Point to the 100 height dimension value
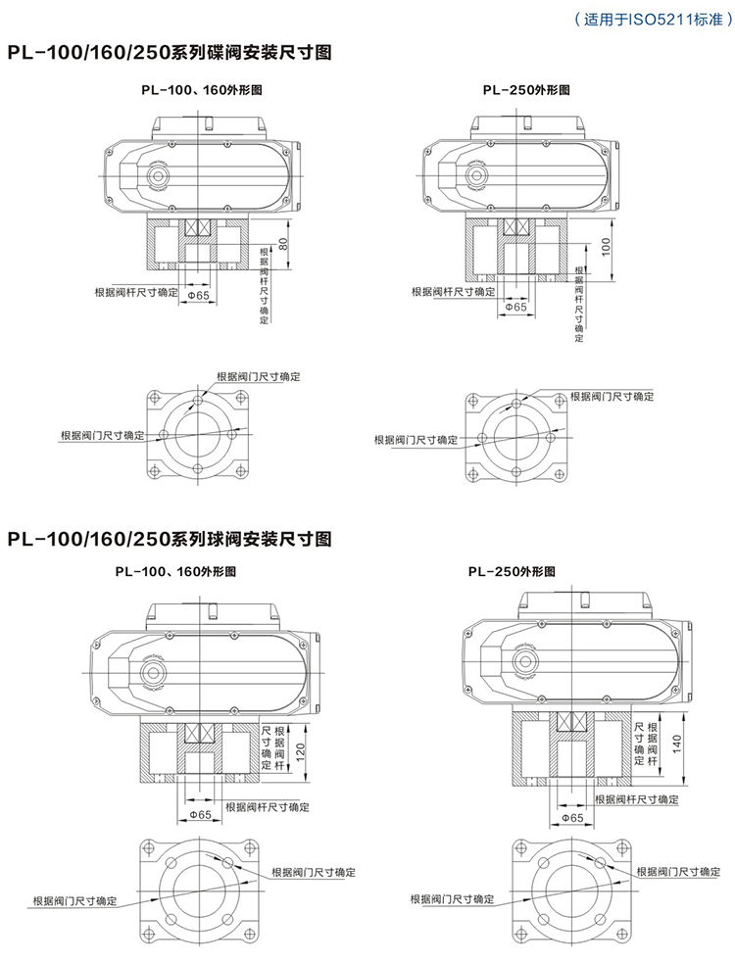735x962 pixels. [607, 246]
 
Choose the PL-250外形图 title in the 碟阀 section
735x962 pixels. [526, 89]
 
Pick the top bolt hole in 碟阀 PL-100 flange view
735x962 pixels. [199, 403]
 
